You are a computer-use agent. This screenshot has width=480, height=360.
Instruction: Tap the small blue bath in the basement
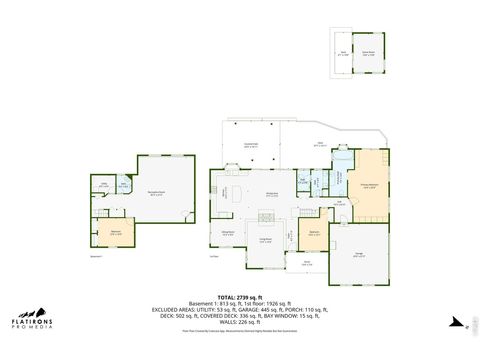point(124,185)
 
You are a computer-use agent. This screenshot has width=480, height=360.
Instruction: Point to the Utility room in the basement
point(103,185)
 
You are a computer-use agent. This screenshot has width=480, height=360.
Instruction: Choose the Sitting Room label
point(227,233)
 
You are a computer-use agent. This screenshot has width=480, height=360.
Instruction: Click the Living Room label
point(266,240)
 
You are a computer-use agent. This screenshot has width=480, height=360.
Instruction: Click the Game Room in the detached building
point(368,53)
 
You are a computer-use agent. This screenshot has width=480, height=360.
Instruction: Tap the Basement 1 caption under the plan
point(96,257)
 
